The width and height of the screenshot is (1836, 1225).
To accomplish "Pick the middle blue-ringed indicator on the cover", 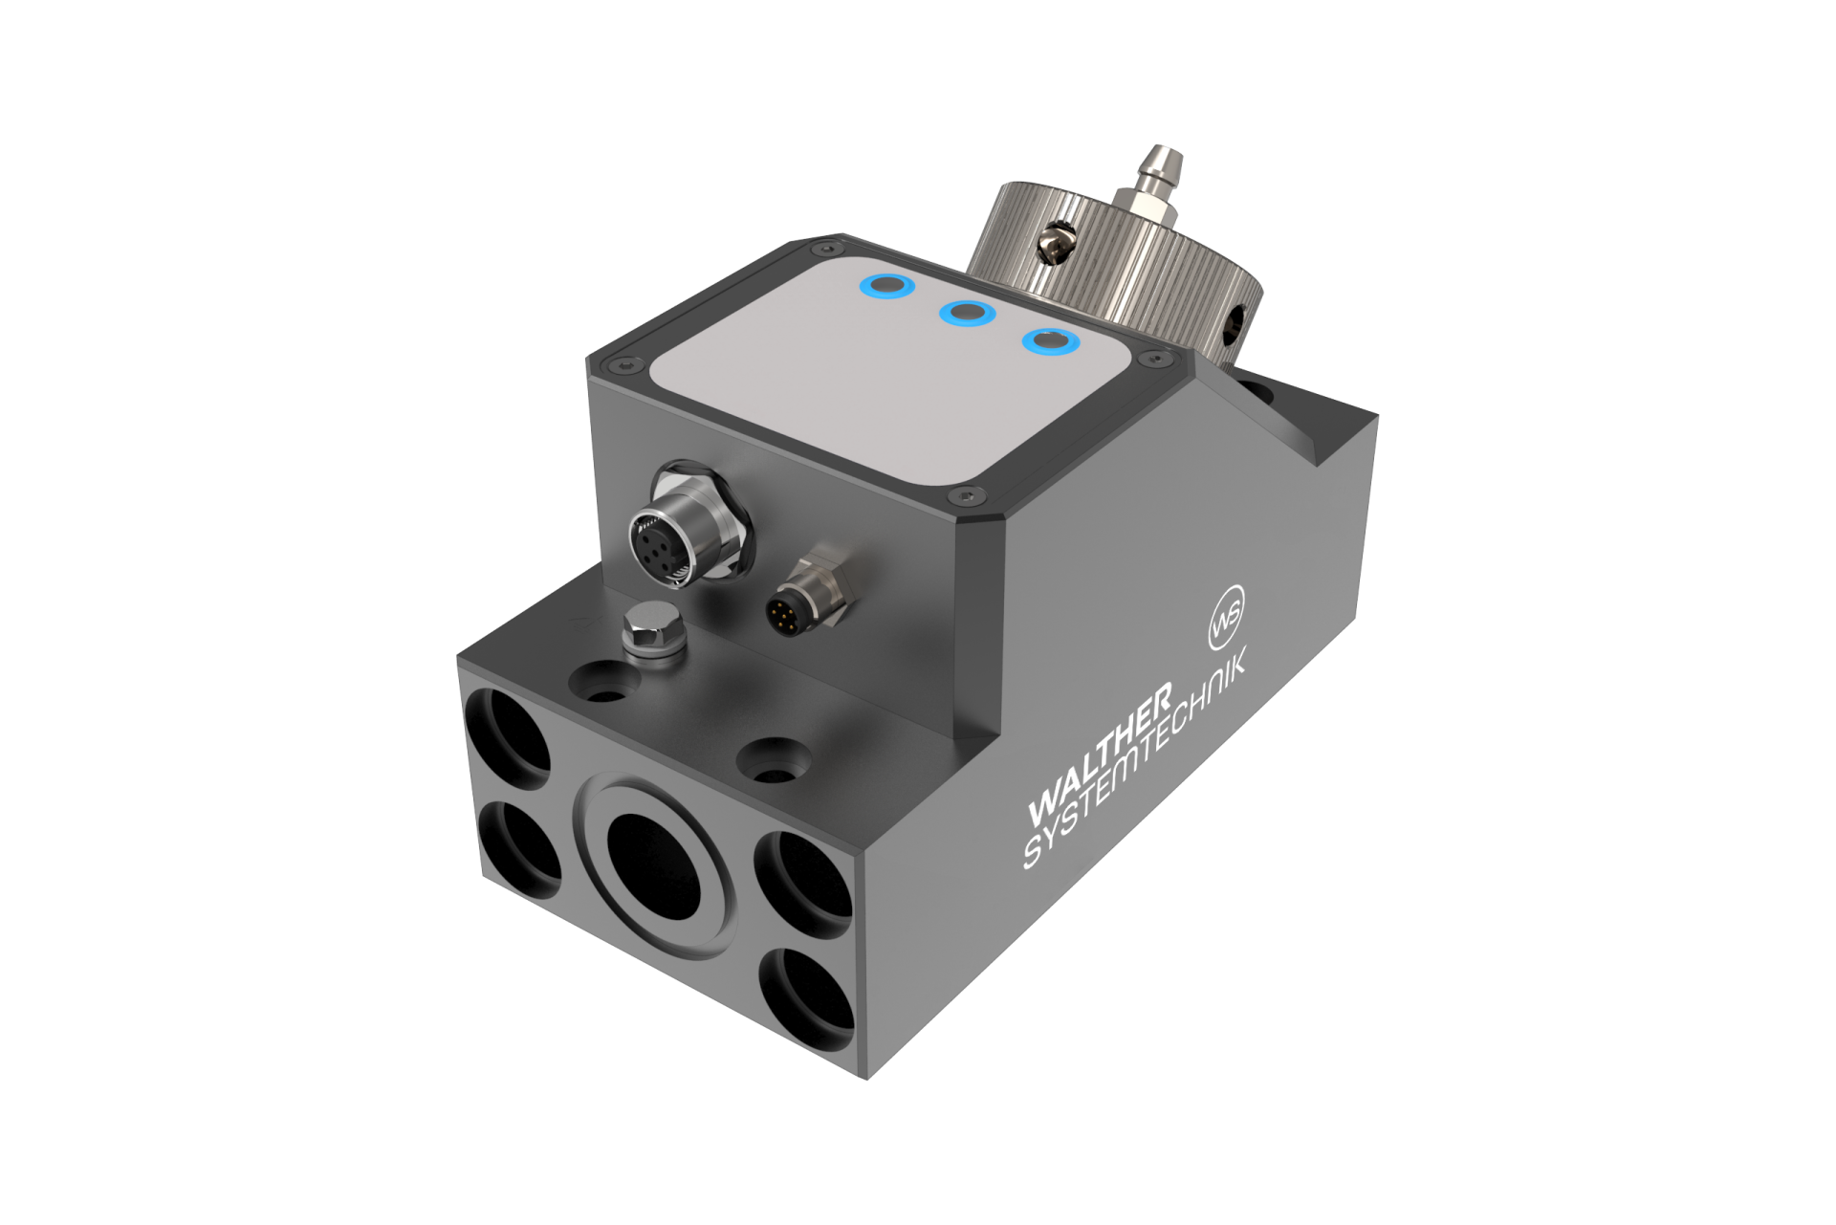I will (968, 313).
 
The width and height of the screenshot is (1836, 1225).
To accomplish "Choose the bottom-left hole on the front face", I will (517, 846).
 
